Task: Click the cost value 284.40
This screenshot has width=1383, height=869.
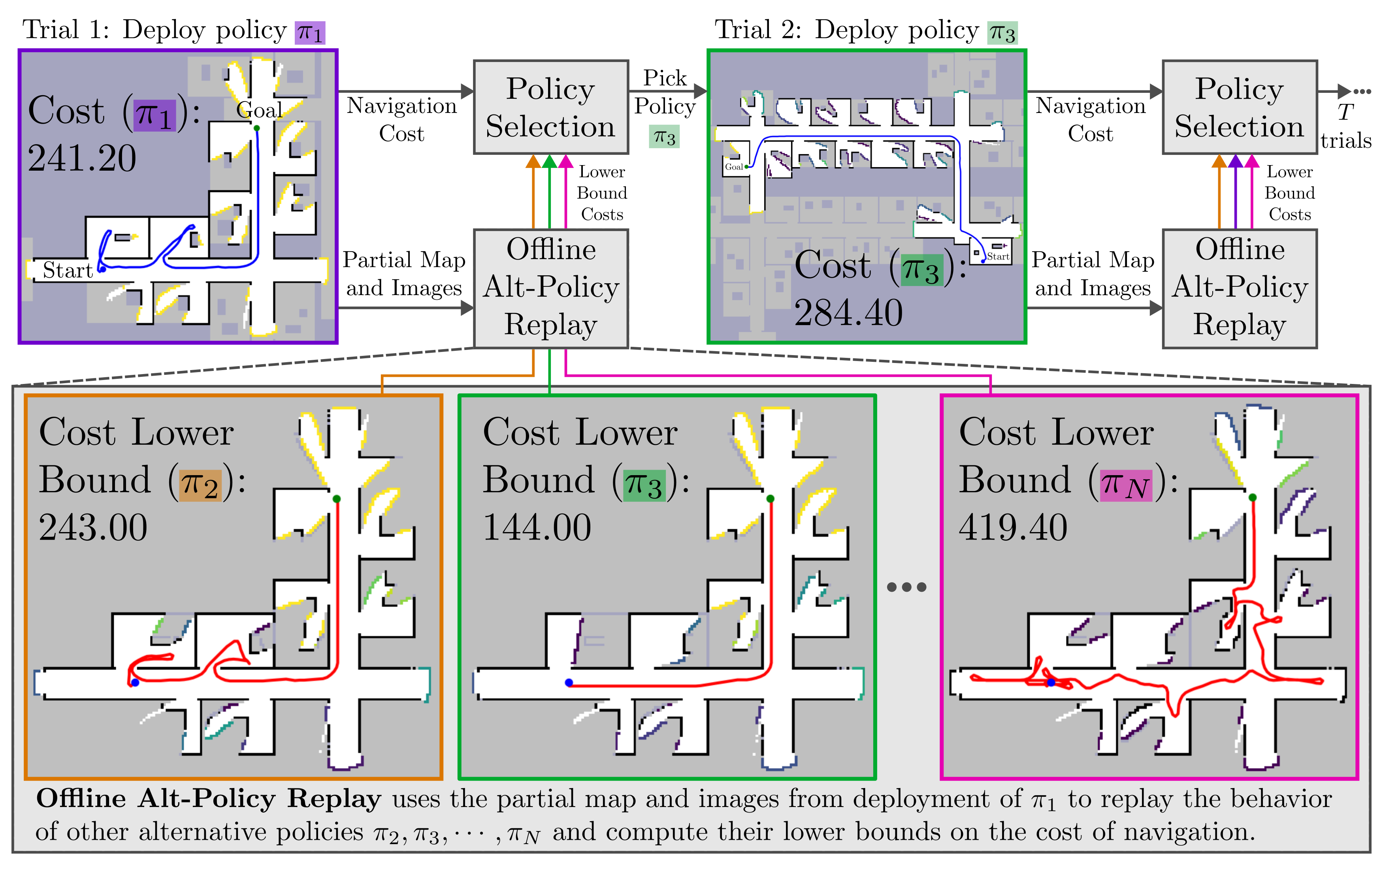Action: (x=848, y=313)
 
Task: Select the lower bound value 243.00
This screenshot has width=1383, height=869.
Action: (x=93, y=527)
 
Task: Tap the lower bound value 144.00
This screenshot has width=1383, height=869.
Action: (x=537, y=527)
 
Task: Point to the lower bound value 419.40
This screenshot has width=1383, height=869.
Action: (x=1013, y=527)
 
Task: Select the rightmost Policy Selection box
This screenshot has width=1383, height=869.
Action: (x=1240, y=107)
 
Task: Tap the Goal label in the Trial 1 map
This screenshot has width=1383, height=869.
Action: (x=260, y=110)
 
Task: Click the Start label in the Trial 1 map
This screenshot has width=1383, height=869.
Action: (x=67, y=270)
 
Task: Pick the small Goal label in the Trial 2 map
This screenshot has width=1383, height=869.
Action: (x=733, y=167)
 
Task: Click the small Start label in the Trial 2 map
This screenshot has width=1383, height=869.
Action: (x=998, y=257)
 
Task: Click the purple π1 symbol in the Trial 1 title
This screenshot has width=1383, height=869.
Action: (x=310, y=33)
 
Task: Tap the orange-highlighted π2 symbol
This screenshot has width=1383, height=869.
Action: (x=200, y=485)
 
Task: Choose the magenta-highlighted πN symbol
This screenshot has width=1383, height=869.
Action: (x=1126, y=485)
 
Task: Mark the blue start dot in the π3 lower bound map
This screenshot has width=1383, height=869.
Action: (x=569, y=683)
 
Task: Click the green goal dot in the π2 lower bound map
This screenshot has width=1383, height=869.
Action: (x=337, y=499)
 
